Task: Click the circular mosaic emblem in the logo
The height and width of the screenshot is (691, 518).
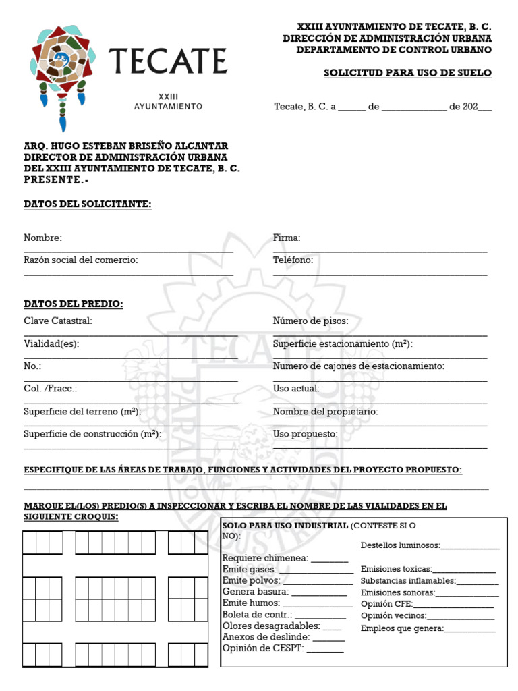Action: click(61, 61)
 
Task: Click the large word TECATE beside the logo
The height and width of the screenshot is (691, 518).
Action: click(167, 61)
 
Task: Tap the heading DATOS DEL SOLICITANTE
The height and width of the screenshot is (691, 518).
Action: click(88, 204)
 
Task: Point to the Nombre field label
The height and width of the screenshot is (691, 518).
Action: click(42, 238)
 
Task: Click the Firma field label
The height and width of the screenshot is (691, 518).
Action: click(287, 238)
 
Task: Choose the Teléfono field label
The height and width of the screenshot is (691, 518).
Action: click(293, 260)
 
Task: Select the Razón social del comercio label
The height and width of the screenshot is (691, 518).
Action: click(80, 260)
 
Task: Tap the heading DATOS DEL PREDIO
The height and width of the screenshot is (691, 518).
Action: click(74, 304)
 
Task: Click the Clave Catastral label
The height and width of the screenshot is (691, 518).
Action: click(57, 321)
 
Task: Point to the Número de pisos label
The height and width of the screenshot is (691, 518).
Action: click(310, 321)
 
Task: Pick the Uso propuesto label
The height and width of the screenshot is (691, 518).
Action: click(305, 434)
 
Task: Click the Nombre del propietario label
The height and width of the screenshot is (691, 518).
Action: click(325, 411)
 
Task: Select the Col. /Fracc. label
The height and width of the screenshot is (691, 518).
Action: click(50, 389)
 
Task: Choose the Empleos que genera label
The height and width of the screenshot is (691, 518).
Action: click(402, 628)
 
